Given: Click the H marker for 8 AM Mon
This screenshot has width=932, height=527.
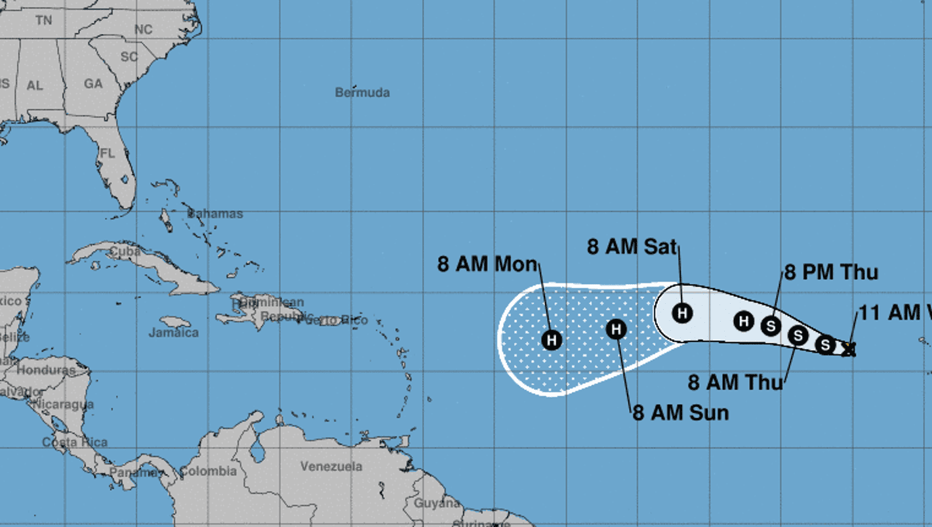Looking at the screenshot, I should click(x=552, y=339).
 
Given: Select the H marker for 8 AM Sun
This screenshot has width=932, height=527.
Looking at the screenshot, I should click(x=616, y=329).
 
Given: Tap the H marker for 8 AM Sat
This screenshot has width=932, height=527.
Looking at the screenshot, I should click(x=682, y=312).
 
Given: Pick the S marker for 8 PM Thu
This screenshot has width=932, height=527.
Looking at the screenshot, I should click(x=771, y=325).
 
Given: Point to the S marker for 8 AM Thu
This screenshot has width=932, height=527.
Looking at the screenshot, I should click(x=798, y=335).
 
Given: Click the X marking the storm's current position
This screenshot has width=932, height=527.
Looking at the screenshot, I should click(x=849, y=348).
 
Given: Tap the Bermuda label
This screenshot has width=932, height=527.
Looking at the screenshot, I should click(x=362, y=93).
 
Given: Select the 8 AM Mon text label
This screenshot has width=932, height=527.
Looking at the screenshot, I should click(x=487, y=264).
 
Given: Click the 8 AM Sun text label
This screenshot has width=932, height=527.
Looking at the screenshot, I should click(x=680, y=413).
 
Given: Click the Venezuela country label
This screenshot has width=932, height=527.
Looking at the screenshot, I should click(x=331, y=467).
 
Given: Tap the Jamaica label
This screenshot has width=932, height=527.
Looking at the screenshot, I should click(x=173, y=333).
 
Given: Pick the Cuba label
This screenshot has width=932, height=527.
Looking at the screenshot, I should click(x=125, y=251).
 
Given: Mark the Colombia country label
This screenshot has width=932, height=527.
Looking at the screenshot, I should click(x=208, y=471).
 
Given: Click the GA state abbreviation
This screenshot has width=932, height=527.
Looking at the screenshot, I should click(x=93, y=84).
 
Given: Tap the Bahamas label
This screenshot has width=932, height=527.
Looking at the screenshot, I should click(x=215, y=214).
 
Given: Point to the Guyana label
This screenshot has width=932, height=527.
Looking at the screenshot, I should click(x=437, y=503).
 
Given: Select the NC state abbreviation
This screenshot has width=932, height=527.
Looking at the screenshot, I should click(x=143, y=30).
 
